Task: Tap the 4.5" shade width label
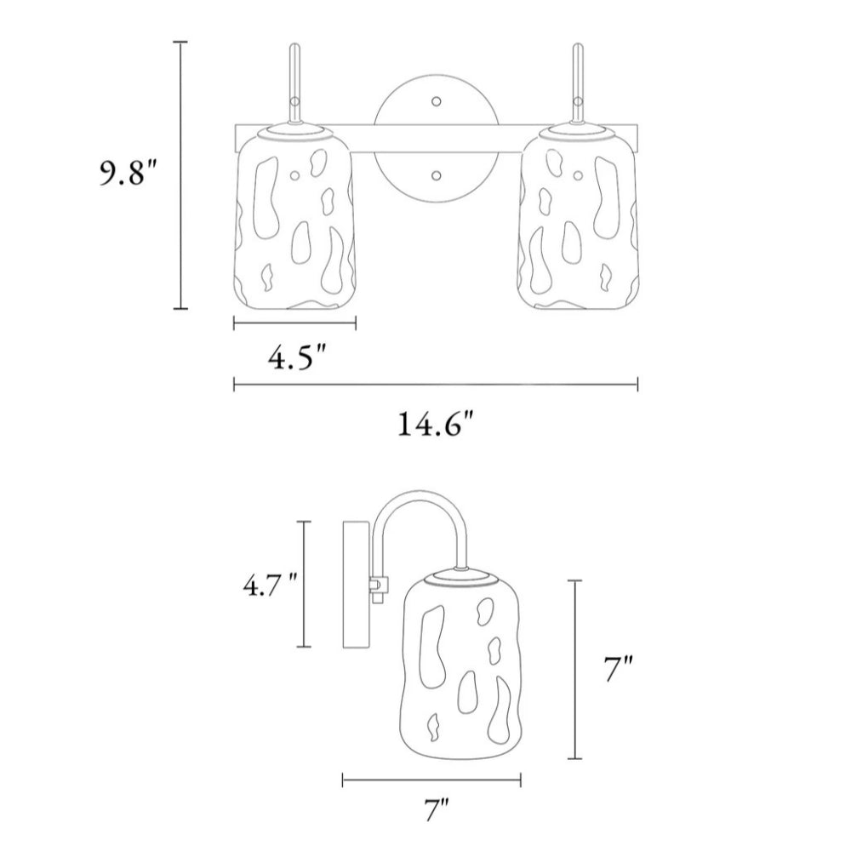pos(298,357)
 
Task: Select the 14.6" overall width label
pos(437,424)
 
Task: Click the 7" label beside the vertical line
pos(619,669)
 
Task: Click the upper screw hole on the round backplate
pos(436,101)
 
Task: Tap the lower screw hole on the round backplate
pos(436,175)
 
